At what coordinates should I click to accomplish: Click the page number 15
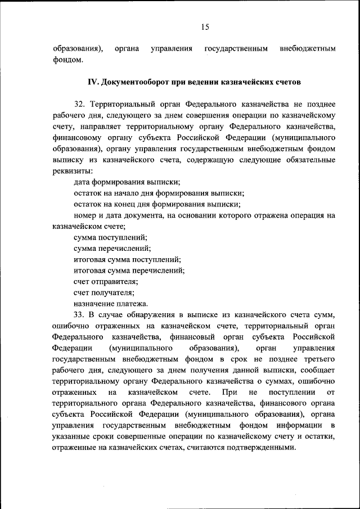[204, 27]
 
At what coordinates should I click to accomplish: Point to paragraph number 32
[79, 105]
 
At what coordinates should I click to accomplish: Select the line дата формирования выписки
[127, 182]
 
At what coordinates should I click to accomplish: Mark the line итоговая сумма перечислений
[129, 270]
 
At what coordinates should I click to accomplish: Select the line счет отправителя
[106, 281]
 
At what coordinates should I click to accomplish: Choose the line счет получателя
[103, 292]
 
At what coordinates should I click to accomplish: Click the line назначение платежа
[111, 303]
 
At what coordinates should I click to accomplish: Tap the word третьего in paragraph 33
[319, 358]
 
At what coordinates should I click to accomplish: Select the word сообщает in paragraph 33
[319, 370]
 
